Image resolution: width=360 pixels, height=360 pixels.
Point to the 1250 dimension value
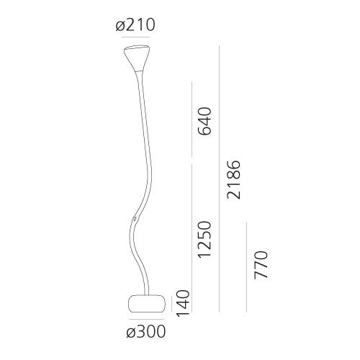[x=205, y=240]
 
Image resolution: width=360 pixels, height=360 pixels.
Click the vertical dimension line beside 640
[x=192, y=120]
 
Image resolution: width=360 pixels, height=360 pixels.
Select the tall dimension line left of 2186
[x=220, y=180]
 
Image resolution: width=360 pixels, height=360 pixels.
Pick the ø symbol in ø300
[x=130, y=332]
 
